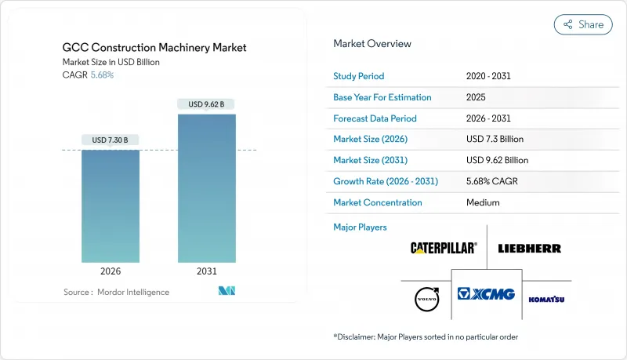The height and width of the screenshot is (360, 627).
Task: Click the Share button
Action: [583, 24]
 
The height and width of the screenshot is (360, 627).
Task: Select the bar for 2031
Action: [207, 188]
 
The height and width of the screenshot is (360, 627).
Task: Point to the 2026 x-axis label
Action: [111, 271]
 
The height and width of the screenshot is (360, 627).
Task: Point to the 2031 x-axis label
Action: [207, 271]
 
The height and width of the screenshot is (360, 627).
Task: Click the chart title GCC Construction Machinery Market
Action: [154, 48]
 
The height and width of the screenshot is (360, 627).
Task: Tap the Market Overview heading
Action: [372, 44]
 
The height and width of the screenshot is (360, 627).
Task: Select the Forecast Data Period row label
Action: [375, 118]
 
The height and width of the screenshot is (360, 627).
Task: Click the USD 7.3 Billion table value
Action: [495, 140]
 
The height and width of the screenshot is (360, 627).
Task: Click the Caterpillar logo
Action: [444, 248]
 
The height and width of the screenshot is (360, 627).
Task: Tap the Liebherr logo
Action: [529, 248]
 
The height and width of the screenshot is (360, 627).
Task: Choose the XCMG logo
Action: [486, 294]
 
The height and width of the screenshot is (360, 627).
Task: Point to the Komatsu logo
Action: [546, 299]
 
